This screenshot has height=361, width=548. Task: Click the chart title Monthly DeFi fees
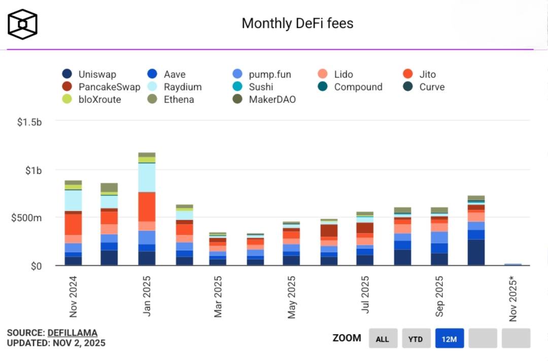(297, 23)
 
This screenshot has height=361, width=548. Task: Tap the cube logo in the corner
(22, 24)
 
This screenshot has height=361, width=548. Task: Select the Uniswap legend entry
(90, 75)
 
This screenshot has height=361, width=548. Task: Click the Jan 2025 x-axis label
(147, 296)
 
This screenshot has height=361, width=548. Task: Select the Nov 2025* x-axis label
(513, 299)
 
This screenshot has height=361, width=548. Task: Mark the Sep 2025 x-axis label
(439, 296)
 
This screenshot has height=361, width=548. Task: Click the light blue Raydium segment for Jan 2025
(147, 177)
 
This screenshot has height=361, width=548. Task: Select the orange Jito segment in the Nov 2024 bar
(74, 224)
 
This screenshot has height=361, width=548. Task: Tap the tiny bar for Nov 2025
(513, 264)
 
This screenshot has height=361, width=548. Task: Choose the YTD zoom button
(416, 339)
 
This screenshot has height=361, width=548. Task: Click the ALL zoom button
(383, 339)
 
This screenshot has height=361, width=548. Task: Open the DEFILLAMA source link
(73, 333)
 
